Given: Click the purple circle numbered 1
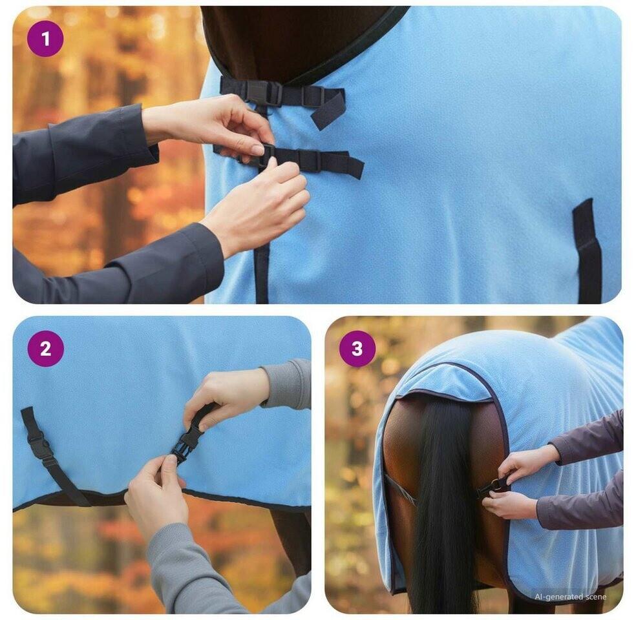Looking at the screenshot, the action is click(45, 39).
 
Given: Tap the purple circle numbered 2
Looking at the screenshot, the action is click(45, 349).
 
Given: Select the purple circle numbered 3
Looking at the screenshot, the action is click(357, 349).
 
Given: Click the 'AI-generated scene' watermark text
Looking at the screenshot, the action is click(570, 597).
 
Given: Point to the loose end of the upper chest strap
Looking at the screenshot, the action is click(328, 108).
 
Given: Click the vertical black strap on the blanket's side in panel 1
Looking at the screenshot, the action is click(588, 251).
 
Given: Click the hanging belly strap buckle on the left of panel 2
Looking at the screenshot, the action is click(39, 447).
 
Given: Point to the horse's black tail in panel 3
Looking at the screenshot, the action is click(444, 506).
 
